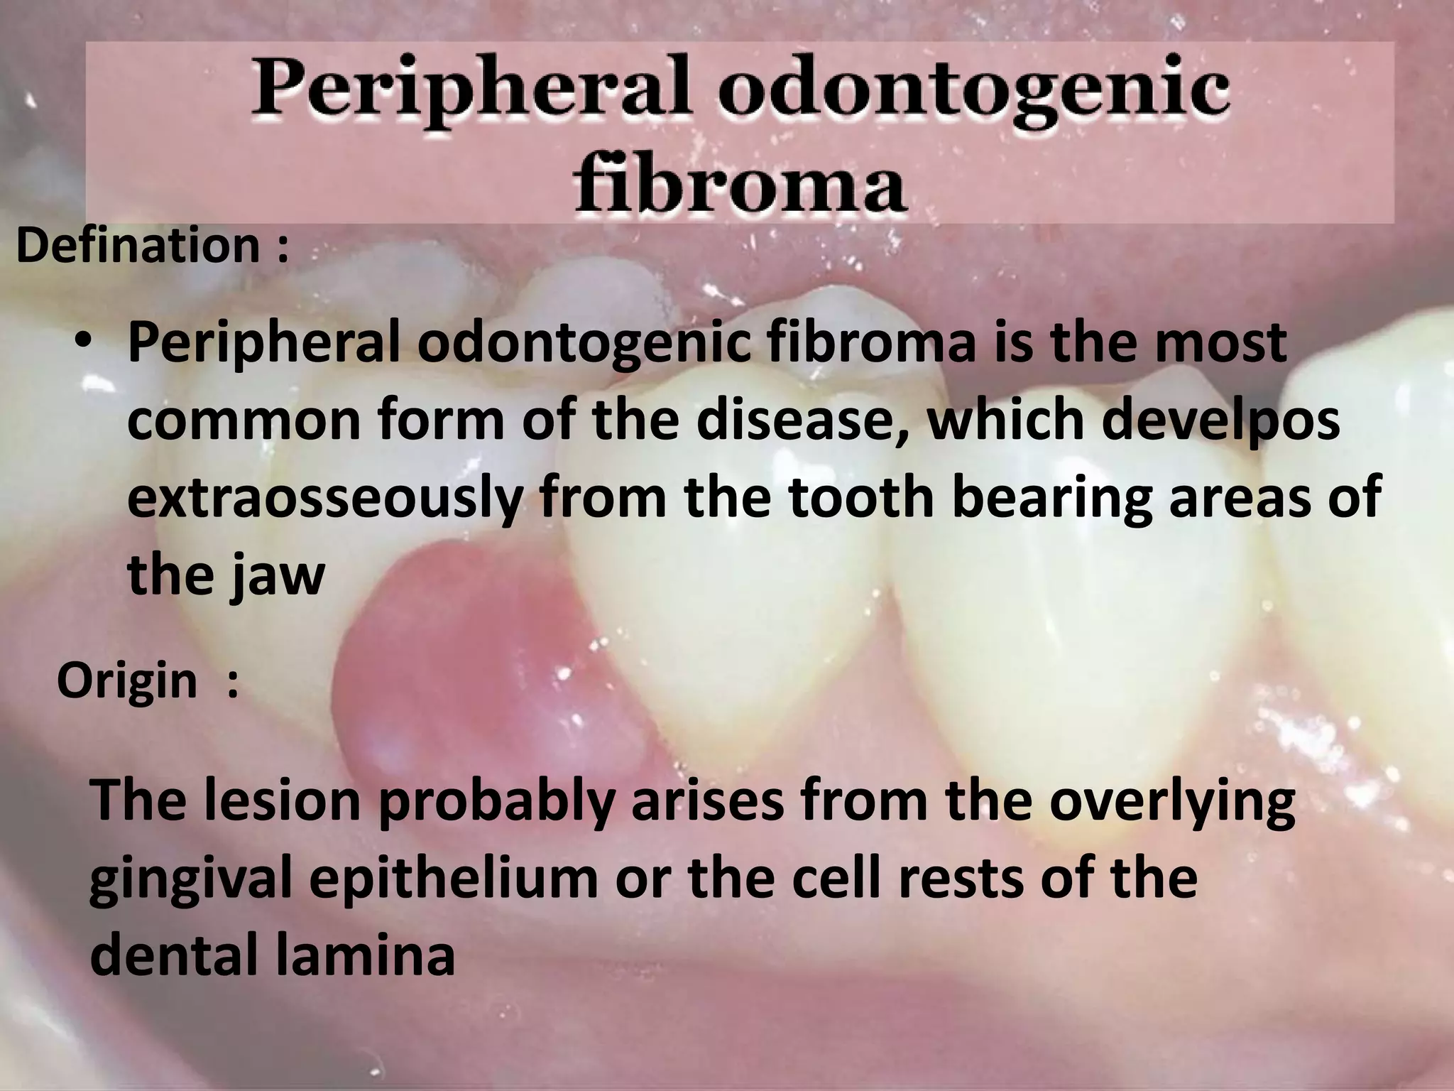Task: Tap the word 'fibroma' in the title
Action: [740, 185]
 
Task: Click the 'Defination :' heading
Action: [152, 246]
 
